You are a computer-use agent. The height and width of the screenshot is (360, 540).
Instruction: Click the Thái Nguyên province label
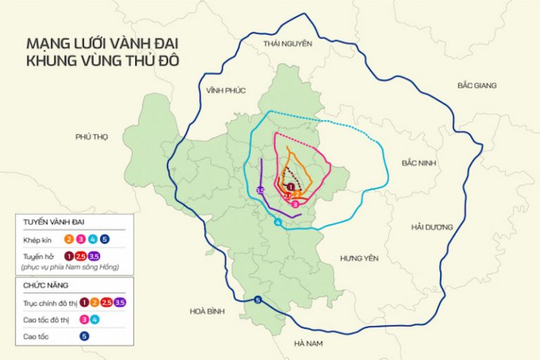click(287, 44)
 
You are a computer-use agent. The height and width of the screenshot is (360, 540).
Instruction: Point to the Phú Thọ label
click(91, 137)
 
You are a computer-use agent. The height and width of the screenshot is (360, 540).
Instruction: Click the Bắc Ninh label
click(419, 162)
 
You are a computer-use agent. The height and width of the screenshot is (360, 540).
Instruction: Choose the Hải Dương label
click(430, 227)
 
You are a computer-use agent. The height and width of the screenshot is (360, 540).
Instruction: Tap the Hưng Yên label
click(359, 258)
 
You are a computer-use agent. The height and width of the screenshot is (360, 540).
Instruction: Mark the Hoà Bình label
click(207, 310)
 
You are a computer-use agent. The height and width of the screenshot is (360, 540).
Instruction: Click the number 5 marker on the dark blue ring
click(258, 300)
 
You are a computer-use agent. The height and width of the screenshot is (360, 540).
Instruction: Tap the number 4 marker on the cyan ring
click(278, 223)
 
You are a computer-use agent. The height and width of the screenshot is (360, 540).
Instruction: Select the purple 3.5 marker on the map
click(260, 191)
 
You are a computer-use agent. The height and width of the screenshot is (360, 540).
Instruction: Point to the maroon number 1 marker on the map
click(290, 186)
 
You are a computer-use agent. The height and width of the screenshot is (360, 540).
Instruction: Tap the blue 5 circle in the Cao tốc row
click(84, 336)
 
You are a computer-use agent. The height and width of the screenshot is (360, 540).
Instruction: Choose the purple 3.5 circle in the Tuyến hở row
click(94, 256)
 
